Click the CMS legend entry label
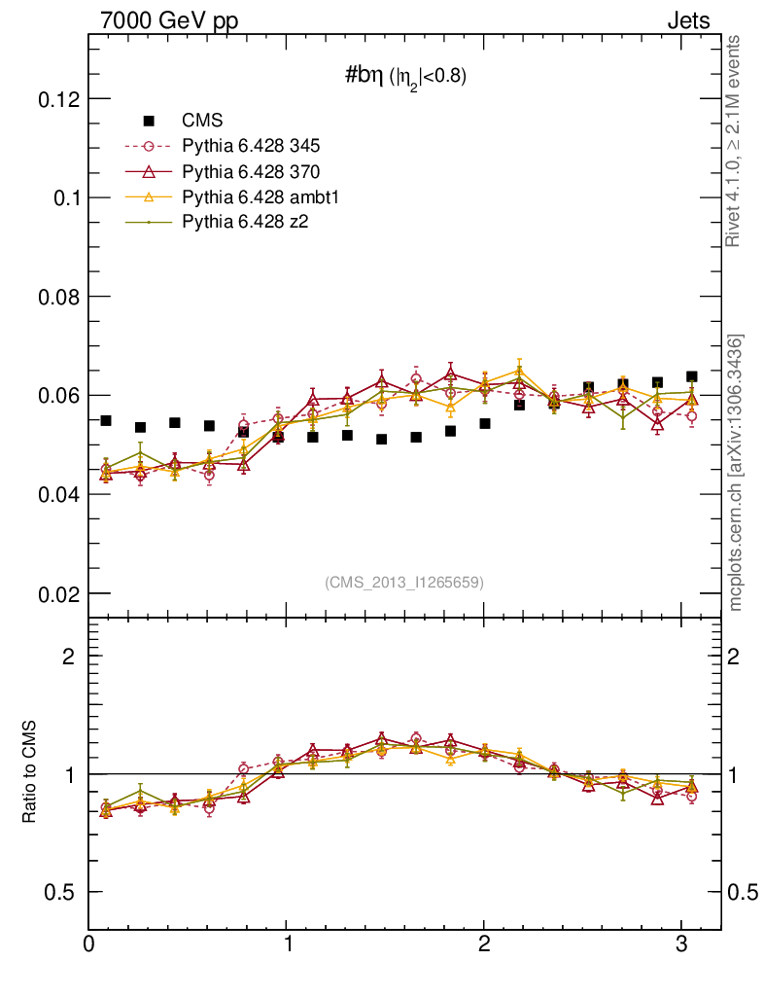(202, 121)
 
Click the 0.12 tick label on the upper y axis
(59, 99)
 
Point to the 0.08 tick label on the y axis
(59, 297)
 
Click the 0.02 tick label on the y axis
(59, 593)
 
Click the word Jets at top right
(687, 20)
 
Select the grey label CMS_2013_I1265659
(403, 582)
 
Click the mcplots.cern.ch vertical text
(736, 473)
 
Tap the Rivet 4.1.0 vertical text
(736, 141)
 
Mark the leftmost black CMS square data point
(106, 420)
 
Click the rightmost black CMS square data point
(691, 376)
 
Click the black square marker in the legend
(149, 121)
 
